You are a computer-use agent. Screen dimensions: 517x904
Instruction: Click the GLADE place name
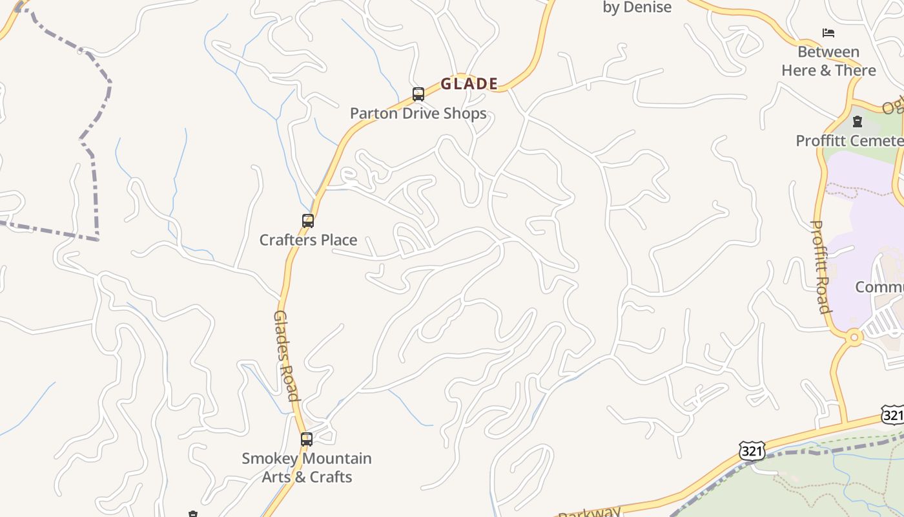pyautogui.click(x=469, y=84)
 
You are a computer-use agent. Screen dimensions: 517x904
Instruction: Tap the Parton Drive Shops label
pyautogui.click(x=418, y=114)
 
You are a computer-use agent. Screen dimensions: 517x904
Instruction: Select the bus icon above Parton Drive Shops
pyautogui.click(x=418, y=94)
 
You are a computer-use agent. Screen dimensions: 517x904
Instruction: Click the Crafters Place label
pyautogui.click(x=308, y=240)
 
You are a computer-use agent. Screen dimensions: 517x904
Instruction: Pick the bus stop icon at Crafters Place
pyautogui.click(x=308, y=221)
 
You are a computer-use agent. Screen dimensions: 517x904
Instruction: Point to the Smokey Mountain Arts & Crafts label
pyautogui.click(x=307, y=468)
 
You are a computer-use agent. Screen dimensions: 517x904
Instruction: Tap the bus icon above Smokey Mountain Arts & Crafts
pyautogui.click(x=307, y=439)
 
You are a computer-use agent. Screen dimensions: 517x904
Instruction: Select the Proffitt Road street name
pyautogui.click(x=820, y=266)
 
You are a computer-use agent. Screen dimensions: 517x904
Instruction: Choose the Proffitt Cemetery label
pyautogui.click(x=849, y=141)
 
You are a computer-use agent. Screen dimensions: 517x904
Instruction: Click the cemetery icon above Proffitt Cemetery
pyautogui.click(x=858, y=121)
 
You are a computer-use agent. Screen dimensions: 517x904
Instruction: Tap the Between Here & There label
pyautogui.click(x=828, y=61)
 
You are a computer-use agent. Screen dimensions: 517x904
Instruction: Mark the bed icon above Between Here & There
pyautogui.click(x=828, y=32)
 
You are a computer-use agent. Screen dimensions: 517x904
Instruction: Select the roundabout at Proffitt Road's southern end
pyautogui.click(x=854, y=337)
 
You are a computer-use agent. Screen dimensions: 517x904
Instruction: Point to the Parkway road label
pyautogui.click(x=589, y=512)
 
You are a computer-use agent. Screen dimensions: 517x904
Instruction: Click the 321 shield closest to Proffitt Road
pyautogui.click(x=892, y=415)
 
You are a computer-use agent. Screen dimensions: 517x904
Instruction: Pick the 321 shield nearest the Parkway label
pyautogui.click(x=752, y=450)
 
